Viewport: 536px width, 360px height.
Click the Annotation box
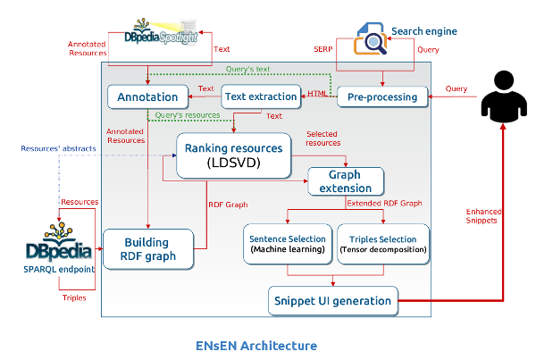point(147,96)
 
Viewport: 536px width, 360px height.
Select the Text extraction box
point(261,96)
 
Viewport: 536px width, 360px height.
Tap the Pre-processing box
point(382,97)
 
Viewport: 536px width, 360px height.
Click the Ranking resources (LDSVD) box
point(234,155)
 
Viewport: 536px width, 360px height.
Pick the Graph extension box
point(346,181)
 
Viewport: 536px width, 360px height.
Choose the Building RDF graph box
point(148,249)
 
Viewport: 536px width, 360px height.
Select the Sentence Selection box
point(288,244)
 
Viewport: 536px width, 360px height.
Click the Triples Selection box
point(383,244)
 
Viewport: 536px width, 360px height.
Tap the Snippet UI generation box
point(333,301)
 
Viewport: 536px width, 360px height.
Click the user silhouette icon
point(504,96)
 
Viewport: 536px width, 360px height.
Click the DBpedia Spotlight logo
point(161,32)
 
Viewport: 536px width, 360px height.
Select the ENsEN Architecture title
point(256,346)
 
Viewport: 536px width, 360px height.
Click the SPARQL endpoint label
point(59,270)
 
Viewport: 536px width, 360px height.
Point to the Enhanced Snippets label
point(483,216)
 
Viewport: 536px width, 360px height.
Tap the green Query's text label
point(247,69)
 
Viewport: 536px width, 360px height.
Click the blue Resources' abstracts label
point(58,148)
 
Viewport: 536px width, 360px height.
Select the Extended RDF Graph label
point(384,203)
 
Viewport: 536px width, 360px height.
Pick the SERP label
point(323,49)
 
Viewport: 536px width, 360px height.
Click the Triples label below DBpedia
point(74,297)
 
